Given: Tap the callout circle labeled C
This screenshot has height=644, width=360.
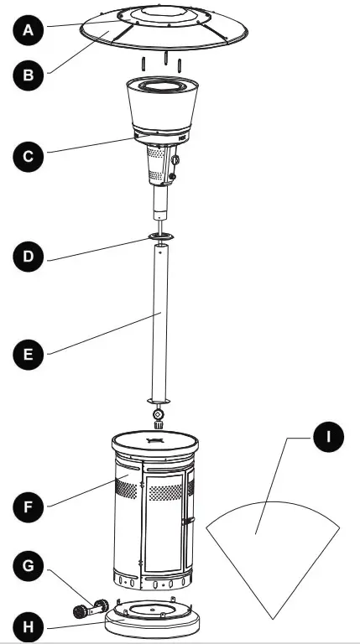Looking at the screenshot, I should coord(29,156).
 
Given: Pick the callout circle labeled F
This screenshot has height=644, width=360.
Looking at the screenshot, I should coord(29,506).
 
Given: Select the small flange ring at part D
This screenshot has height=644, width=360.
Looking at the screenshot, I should coord(162,239).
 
